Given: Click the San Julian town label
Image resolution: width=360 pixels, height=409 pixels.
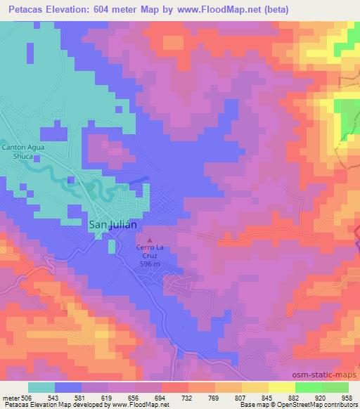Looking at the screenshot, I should (x=112, y=225).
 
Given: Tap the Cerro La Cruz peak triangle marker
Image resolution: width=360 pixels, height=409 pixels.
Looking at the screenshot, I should (x=148, y=241).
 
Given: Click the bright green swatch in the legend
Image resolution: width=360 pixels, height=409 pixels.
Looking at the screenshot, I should (x=309, y=387).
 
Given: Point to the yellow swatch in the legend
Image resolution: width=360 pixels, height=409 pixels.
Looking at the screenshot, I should (x=282, y=387).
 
